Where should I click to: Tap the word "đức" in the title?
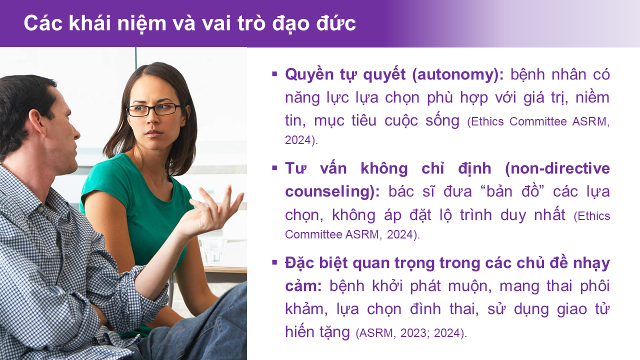click(336, 23)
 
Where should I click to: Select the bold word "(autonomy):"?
click(457, 75)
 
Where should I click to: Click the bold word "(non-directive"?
click(557, 168)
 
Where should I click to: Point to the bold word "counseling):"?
click(332, 191)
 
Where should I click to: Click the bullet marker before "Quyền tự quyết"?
click(274, 74)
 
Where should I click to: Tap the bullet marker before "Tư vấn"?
click(274, 168)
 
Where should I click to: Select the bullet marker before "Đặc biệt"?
click(274, 262)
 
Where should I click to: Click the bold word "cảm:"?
click(303, 286)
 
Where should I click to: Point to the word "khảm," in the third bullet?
click(306, 309)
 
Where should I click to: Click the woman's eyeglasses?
click(153, 109)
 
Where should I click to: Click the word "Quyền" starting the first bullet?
click(309, 75)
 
